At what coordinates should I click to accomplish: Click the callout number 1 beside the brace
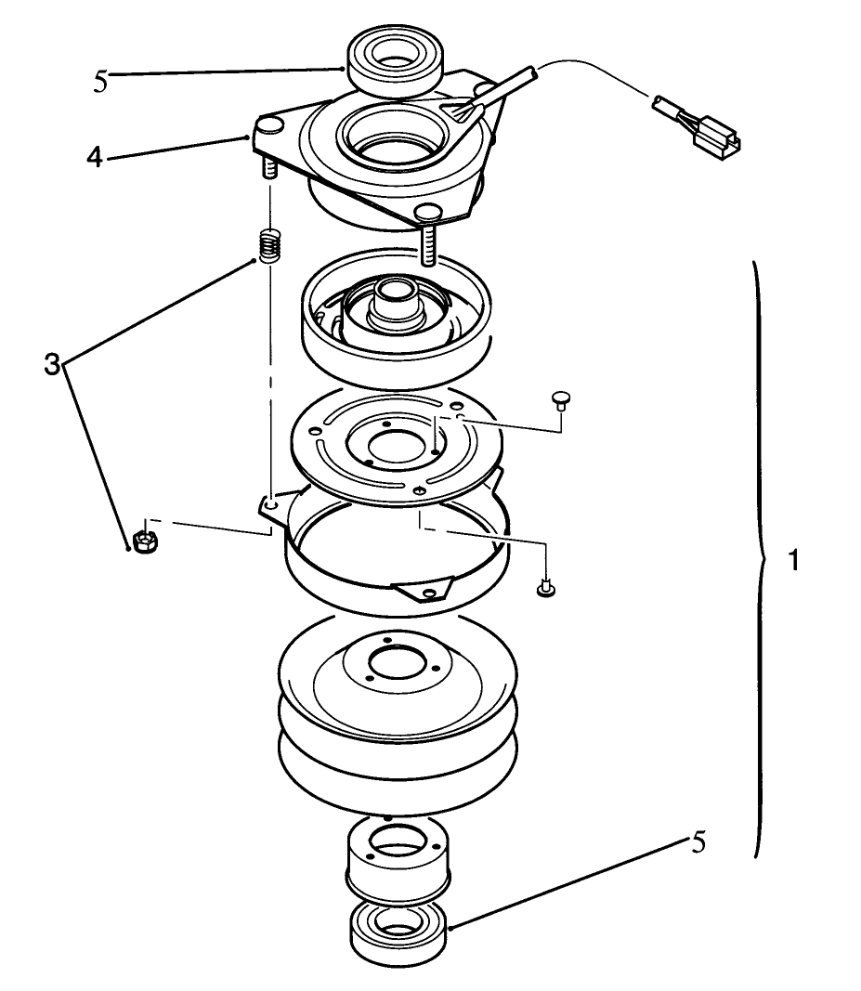pyautogui.click(x=793, y=560)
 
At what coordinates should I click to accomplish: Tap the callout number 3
pyautogui.click(x=52, y=364)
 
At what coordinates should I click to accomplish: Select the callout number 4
pyautogui.click(x=95, y=156)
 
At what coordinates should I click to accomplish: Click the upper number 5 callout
pyautogui.click(x=100, y=82)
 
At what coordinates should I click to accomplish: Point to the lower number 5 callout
pyautogui.click(x=698, y=841)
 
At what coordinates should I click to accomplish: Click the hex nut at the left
pyautogui.click(x=146, y=541)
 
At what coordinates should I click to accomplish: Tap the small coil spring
pyautogui.click(x=268, y=246)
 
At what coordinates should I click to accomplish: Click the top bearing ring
pyautogui.click(x=395, y=61)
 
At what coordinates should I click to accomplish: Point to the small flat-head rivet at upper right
pyautogui.click(x=560, y=400)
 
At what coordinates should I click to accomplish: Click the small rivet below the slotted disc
pyautogui.click(x=545, y=589)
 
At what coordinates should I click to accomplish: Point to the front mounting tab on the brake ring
pyautogui.click(x=423, y=590)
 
